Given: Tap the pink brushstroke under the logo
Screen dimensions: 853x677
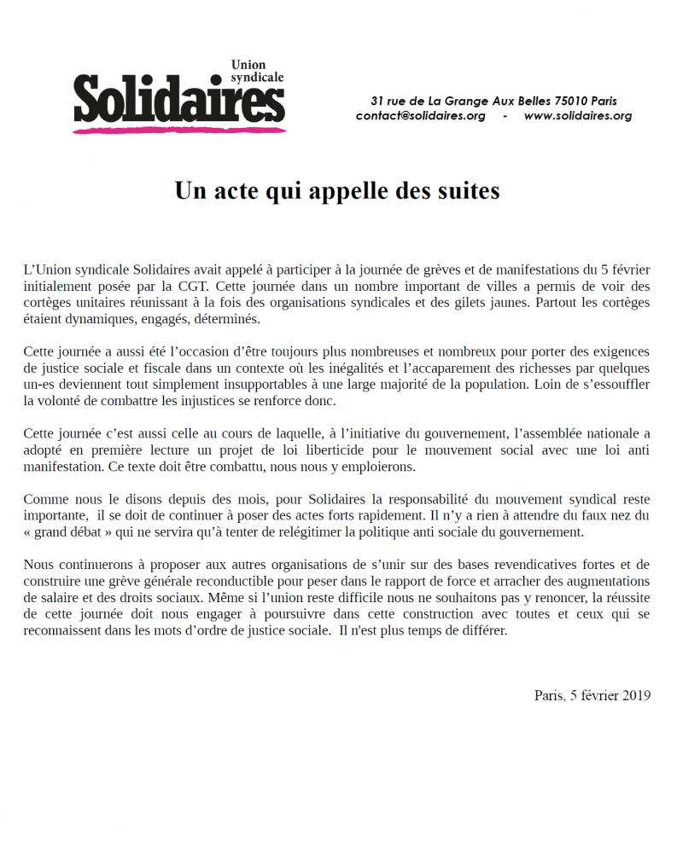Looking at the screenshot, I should pyautogui.click(x=178, y=130).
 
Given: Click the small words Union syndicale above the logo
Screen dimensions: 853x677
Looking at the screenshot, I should pyautogui.click(x=257, y=71).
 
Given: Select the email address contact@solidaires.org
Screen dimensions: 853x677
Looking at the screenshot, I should pyautogui.click(x=420, y=116).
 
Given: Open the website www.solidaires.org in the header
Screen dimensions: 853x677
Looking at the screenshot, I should pyautogui.click(x=577, y=116).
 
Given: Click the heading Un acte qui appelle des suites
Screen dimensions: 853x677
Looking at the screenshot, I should pyautogui.click(x=337, y=190).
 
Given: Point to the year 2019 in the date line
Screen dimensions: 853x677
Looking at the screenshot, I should pyautogui.click(x=636, y=695).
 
